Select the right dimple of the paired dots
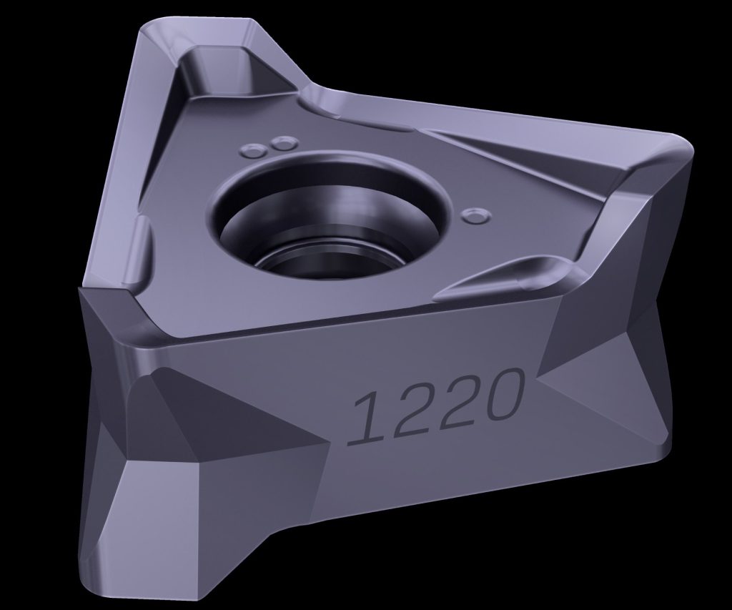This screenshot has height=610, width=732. pos(285,142)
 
